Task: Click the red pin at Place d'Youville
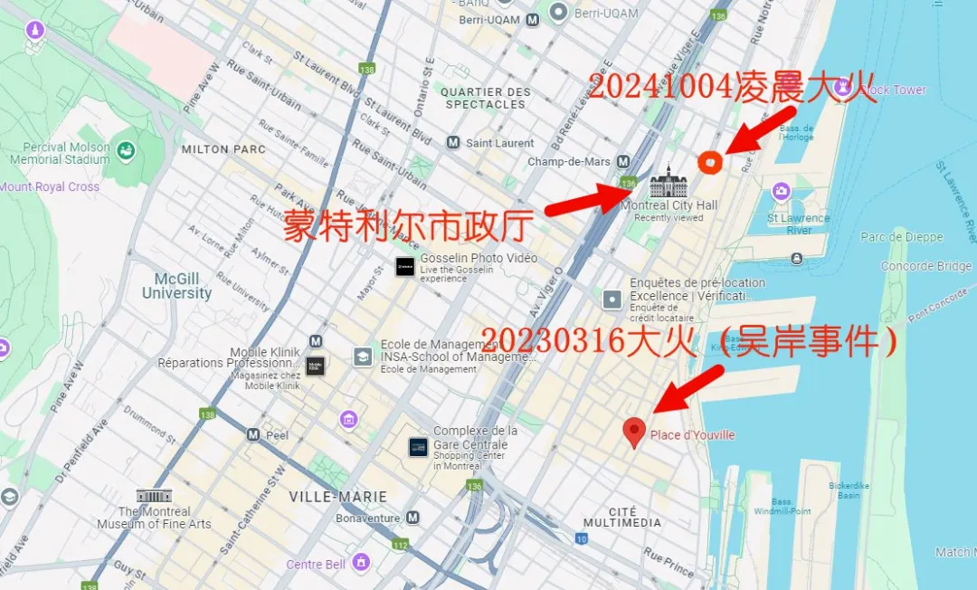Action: tap(635, 432)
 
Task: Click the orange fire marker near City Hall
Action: tap(710, 161)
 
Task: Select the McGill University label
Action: tap(176, 286)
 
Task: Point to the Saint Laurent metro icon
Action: tap(452, 143)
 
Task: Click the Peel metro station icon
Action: tap(252, 434)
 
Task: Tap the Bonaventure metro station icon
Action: tap(413, 518)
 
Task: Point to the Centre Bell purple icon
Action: tap(362, 563)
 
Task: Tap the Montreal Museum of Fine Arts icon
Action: tap(153, 496)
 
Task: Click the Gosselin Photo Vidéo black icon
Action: tap(405, 266)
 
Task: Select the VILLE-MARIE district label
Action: tap(337, 497)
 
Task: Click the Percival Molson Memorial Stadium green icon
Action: tap(126, 150)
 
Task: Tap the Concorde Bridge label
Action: tap(925, 266)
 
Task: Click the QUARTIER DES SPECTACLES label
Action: tap(486, 98)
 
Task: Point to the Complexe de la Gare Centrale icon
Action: tap(418, 446)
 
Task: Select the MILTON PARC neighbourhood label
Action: tap(223, 149)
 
